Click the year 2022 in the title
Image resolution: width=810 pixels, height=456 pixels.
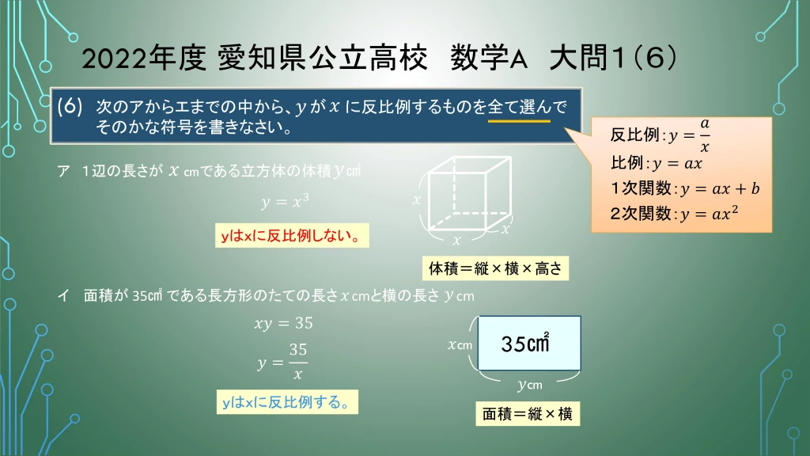[114, 58]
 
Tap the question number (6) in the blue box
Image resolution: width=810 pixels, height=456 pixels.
[70, 107]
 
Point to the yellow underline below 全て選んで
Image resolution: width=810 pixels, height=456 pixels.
[519, 121]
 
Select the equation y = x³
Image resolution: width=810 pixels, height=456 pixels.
[285, 201]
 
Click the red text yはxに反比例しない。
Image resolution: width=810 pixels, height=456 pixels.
[292, 236]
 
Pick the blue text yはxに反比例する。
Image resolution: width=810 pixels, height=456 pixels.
[287, 402]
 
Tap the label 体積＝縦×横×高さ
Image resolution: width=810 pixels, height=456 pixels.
[495, 268]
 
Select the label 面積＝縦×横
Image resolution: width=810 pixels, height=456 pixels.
[528, 414]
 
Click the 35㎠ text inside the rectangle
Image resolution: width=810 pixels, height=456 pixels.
[525, 344]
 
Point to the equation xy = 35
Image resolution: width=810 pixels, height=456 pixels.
[284, 324]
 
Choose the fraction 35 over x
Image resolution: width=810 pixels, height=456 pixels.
[298, 361]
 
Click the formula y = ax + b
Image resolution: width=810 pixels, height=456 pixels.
[720, 188]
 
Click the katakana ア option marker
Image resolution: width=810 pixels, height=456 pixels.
[63, 171]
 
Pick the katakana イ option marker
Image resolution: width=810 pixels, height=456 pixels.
[63, 296]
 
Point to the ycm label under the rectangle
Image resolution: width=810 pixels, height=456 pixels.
[530, 386]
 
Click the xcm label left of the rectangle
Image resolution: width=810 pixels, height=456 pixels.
[460, 345]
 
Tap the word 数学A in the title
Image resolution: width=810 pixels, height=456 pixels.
[489, 58]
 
